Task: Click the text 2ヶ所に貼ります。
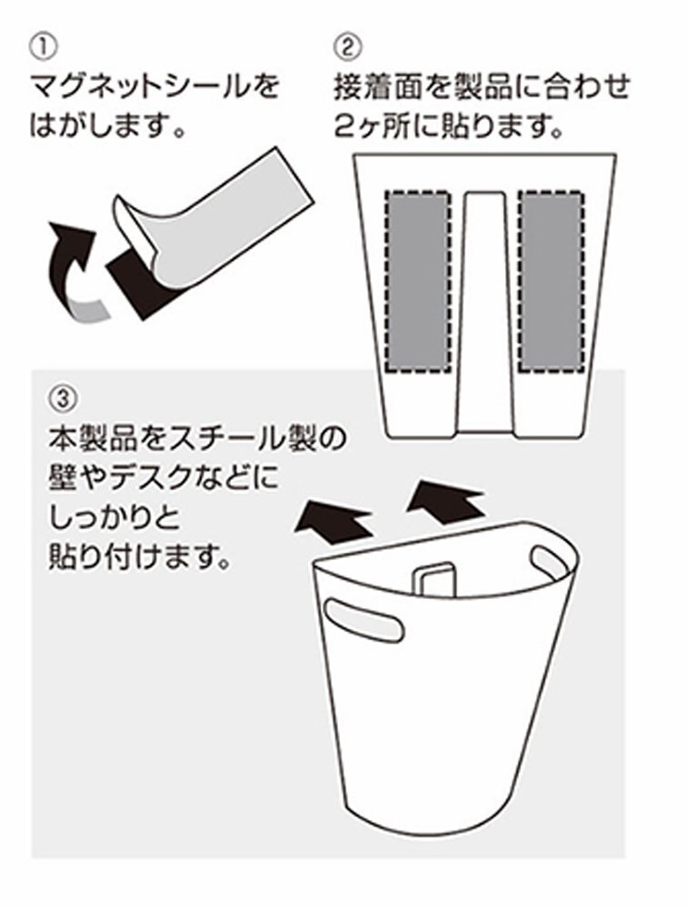[445, 124]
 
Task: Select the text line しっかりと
[108, 518]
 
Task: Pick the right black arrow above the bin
[445, 500]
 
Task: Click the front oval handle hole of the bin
[363, 625]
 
